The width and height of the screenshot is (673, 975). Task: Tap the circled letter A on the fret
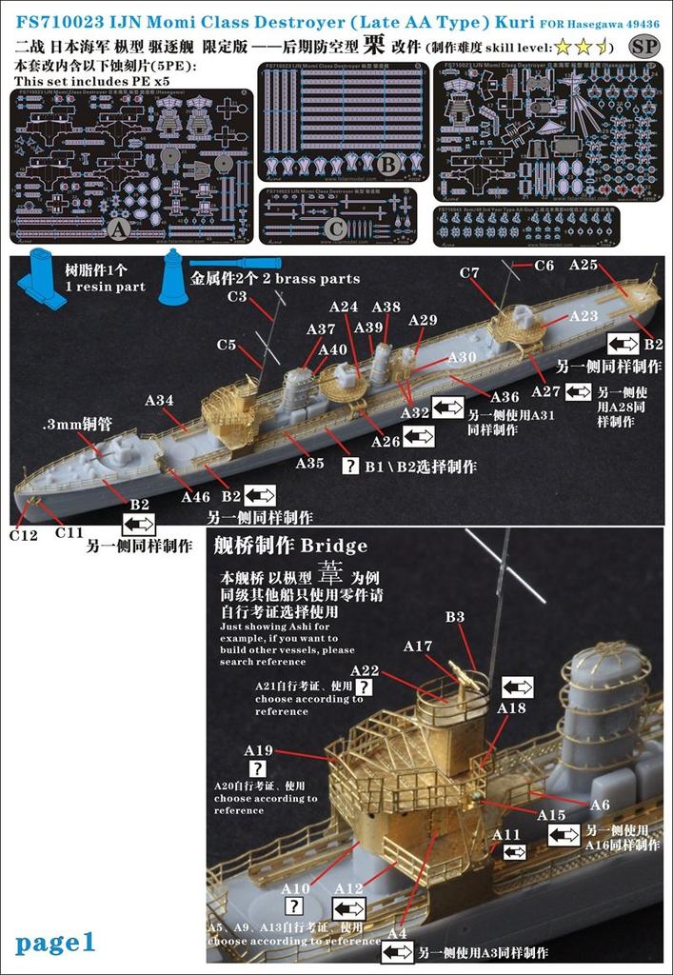[x=120, y=229]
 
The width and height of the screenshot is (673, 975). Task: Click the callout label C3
[x=237, y=297]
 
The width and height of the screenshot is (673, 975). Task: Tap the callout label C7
[x=469, y=273]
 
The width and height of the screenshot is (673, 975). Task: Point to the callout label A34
[x=159, y=400]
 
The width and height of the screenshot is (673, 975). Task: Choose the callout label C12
[x=24, y=535]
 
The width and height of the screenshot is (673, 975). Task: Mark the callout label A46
[x=195, y=496]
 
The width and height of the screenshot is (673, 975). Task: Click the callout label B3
[x=455, y=617]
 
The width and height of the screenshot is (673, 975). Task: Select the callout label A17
[x=417, y=646]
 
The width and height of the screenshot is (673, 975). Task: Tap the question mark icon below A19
[x=258, y=769]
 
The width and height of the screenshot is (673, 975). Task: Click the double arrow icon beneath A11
[x=513, y=851]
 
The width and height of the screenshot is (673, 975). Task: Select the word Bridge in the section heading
[x=334, y=546]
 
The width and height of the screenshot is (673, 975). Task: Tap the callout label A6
[x=600, y=805]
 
